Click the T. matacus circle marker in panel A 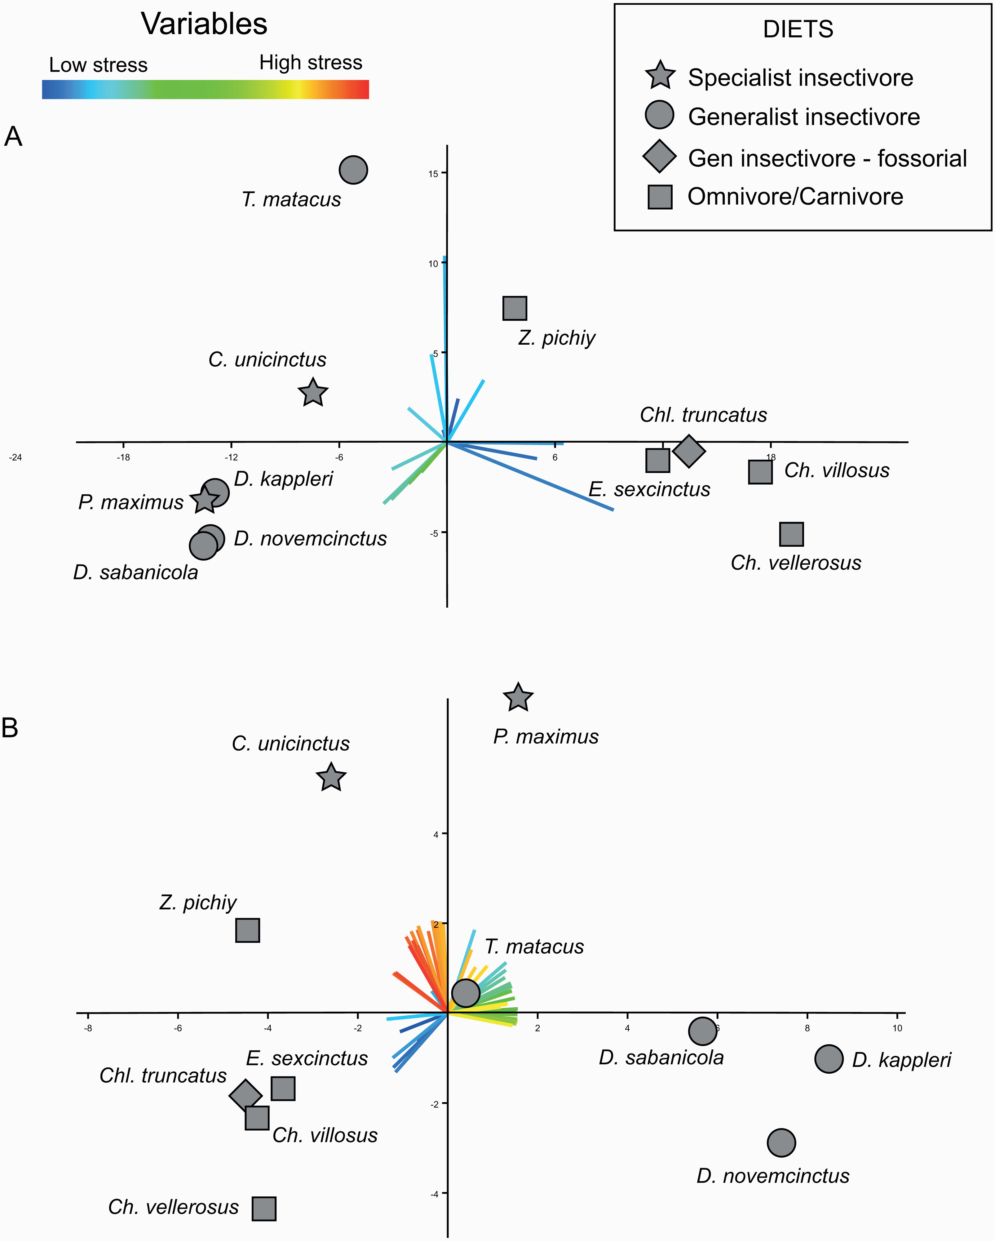pos(354,170)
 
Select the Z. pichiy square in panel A pos(515,308)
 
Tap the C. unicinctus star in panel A pos(313,393)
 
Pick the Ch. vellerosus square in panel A pos(791,534)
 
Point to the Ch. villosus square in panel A pos(760,472)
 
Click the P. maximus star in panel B pos(518,698)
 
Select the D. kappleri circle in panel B pos(829,1058)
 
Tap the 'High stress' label pos(311,62)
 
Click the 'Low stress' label pos(99,65)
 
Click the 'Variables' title pos(204,24)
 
